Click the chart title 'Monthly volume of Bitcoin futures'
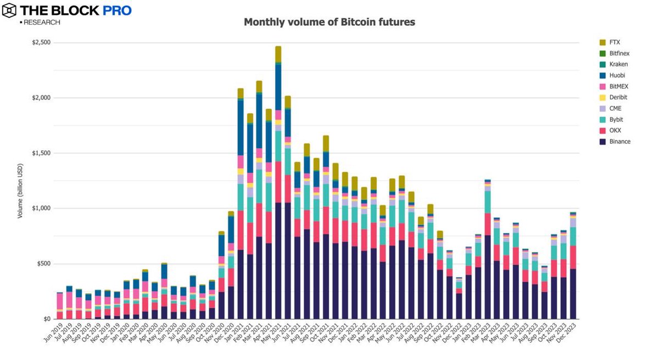(329, 22)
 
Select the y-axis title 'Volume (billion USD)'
(20, 190)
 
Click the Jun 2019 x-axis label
(53, 331)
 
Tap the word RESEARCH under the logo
(42, 22)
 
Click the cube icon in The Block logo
(9, 10)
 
